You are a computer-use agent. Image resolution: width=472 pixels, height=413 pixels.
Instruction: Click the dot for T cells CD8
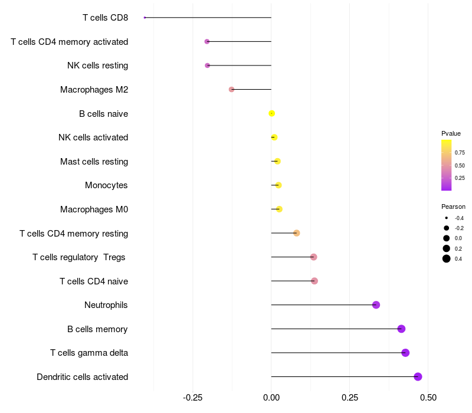click(145, 18)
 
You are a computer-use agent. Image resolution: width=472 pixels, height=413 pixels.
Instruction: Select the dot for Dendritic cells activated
click(418, 376)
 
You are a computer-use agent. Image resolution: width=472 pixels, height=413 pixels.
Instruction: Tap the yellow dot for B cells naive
click(271, 113)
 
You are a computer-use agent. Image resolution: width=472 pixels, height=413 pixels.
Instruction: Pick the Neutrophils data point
click(376, 305)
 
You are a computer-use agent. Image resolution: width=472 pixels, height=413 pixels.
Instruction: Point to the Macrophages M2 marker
click(231, 90)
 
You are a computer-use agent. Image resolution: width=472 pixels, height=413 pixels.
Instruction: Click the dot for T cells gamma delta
click(405, 353)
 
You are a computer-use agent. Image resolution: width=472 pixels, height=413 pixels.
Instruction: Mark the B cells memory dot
click(401, 329)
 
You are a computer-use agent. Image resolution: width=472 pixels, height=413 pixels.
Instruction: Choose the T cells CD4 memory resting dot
click(297, 233)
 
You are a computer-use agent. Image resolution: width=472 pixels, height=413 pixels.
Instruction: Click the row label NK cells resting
click(98, 65)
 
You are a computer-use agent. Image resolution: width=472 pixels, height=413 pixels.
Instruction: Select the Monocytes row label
click(106, 185)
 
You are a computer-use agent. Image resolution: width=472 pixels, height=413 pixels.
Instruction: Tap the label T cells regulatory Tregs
click(79, 257)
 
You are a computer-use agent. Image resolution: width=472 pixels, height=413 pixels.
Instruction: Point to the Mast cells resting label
click(94, 162)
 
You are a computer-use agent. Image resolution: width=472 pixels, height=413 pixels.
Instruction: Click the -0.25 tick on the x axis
click(193, 398)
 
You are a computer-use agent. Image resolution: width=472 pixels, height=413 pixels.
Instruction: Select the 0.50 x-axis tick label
click(428, 398)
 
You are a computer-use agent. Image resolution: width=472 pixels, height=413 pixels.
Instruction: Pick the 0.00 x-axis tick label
click(271, 398)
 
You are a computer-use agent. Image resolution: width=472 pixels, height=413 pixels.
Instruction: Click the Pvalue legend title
click(451, 133)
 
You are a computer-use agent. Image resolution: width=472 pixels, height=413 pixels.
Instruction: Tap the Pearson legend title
click(453, 207)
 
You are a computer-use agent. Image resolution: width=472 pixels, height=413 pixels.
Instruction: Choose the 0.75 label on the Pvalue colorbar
click(460, 153)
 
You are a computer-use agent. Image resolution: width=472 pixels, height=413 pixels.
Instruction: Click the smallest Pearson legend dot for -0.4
click(447, 218)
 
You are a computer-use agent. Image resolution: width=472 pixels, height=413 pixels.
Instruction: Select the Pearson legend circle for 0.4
click(447, 258)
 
